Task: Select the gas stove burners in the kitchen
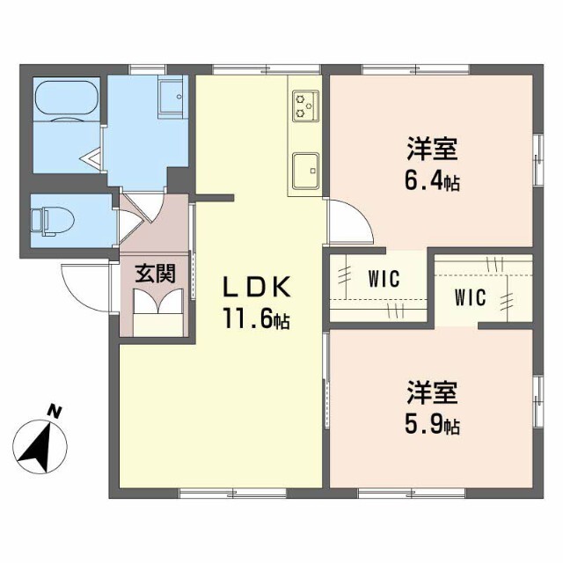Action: [x=305, y=105]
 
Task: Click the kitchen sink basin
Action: [x=306, y=166]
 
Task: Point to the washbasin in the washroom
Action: [x=171, y=93]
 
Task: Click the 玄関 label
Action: [x=155, y=274]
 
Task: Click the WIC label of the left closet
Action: [x=384, y=281]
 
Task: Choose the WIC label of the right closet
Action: [x=471, y=296]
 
